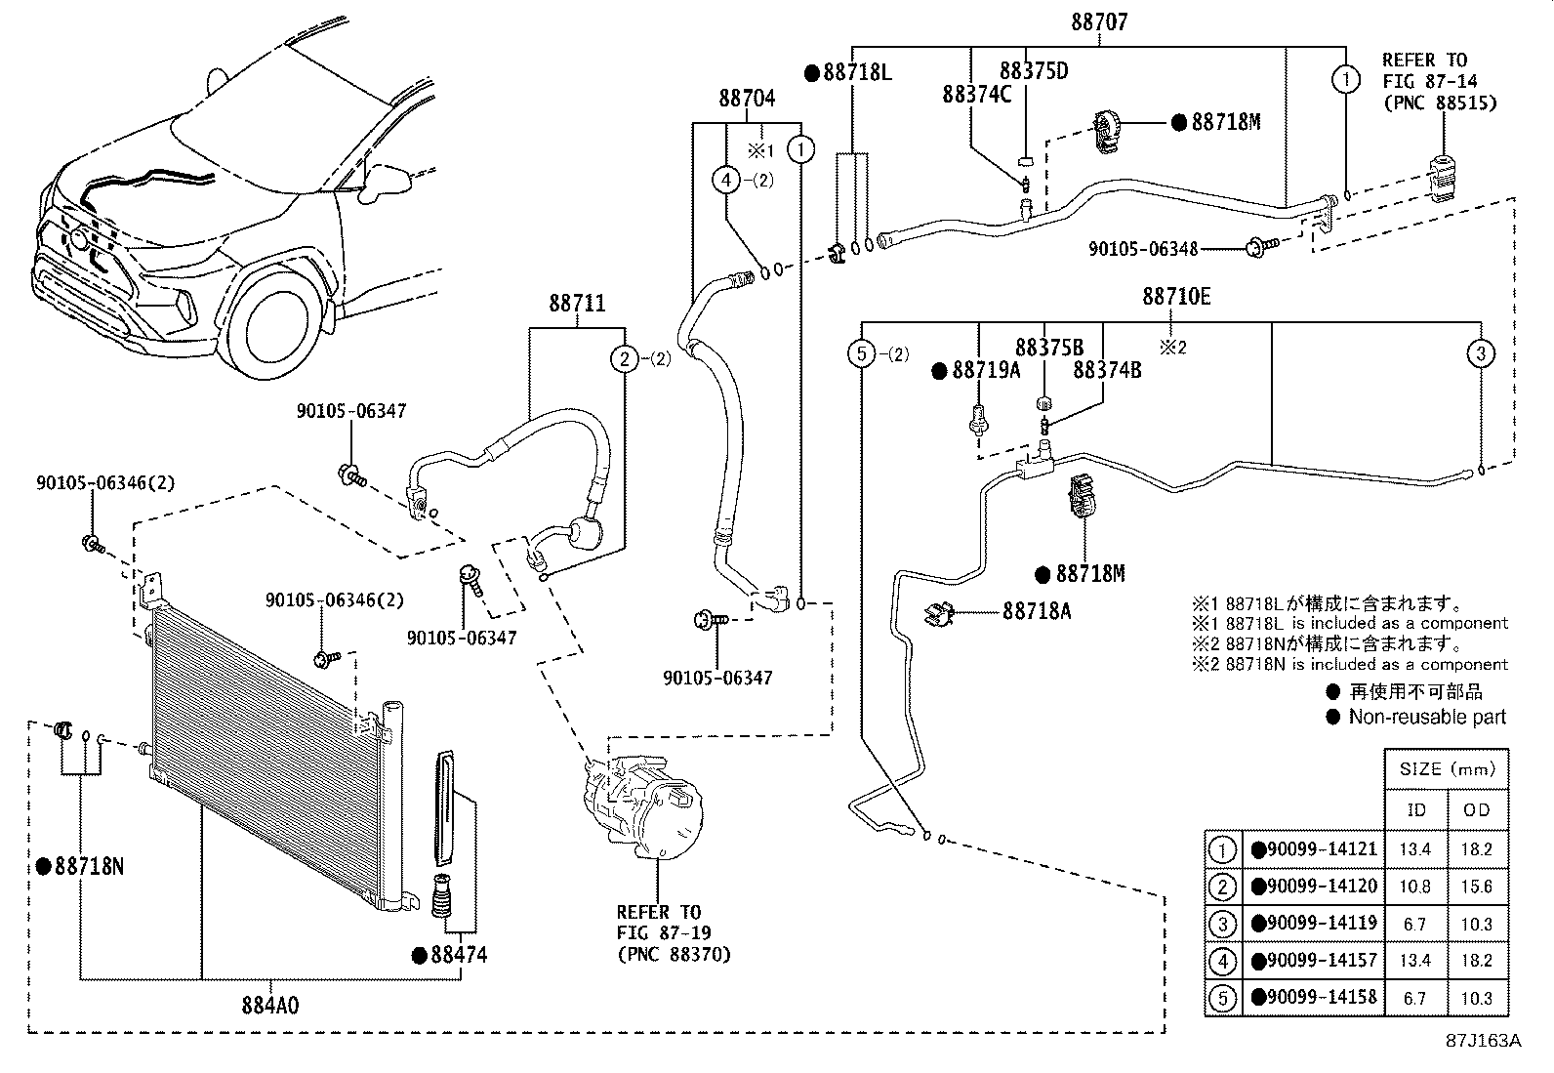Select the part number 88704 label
[x=747, y=98]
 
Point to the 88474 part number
[x=459, y=955]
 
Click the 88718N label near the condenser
[x=89, y=866]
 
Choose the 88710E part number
[x=1176, y=296]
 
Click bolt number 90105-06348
[x=1143, y=249]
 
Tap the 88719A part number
[x=985, y=370]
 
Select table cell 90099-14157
[x=1322, y=961]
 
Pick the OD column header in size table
[x=1476, y=809]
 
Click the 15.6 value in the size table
[x=1476, y=887]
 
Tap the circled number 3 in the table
[x=1222, y=924]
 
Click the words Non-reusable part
[x=1427, y=717]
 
